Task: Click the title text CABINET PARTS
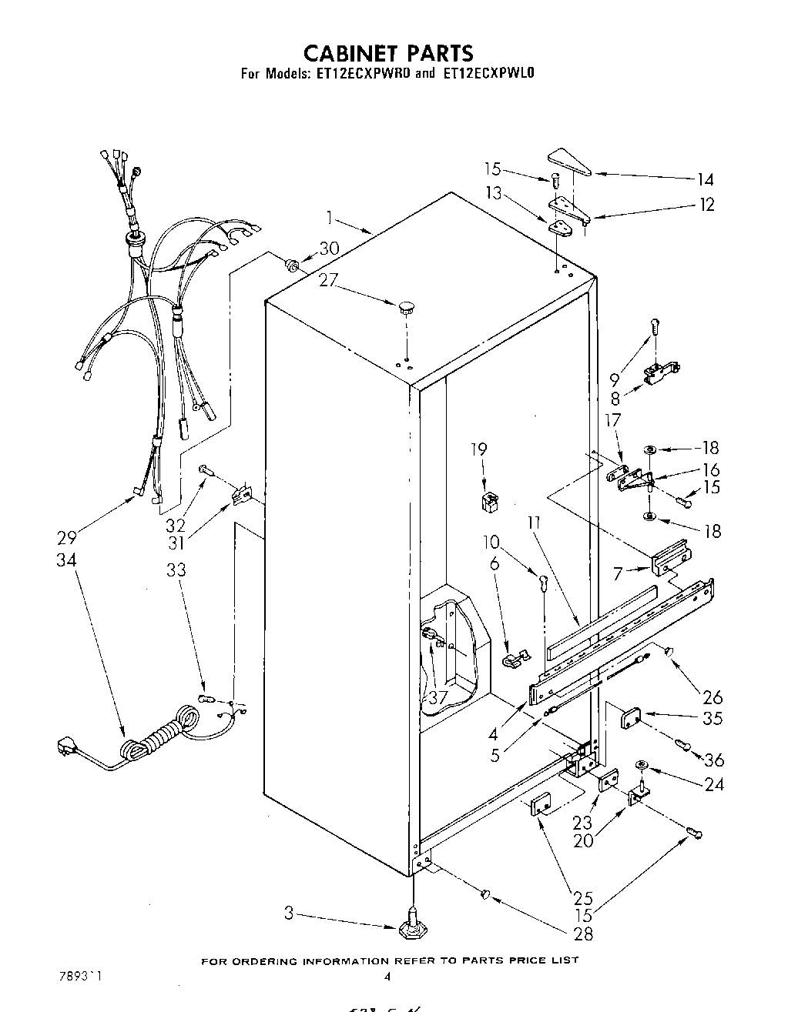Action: [387, 52]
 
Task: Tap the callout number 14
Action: [705, 180]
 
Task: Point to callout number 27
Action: [328, 281]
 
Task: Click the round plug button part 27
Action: [406, 309]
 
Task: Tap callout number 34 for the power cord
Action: [66, 560]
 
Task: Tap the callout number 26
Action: [712, 697]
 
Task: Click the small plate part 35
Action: [632, 718]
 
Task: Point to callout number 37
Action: [438, 697]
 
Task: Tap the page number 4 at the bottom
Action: [387, 977]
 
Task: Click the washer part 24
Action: [640, 764]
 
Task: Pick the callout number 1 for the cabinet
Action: [330, 218]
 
